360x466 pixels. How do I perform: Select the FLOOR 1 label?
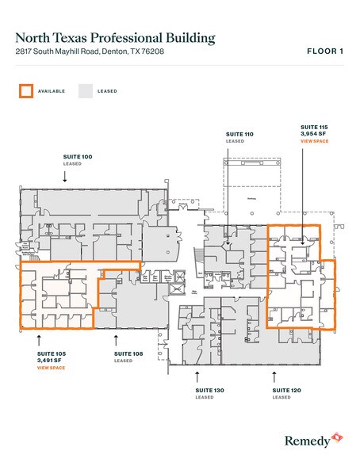324,52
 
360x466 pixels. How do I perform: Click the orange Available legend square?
26,90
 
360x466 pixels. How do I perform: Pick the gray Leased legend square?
84,90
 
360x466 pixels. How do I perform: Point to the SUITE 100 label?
78,157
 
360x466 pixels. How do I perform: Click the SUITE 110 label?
239,136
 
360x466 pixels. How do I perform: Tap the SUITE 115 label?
315,127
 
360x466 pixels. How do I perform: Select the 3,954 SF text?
314,134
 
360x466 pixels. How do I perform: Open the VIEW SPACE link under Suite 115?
315,141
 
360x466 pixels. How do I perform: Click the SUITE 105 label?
51,353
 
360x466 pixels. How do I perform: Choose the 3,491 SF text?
51,361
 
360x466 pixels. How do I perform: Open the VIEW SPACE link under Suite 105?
51,368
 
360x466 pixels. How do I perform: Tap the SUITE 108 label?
128,353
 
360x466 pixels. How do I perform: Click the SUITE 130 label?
209,390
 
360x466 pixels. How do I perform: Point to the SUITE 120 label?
285,390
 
